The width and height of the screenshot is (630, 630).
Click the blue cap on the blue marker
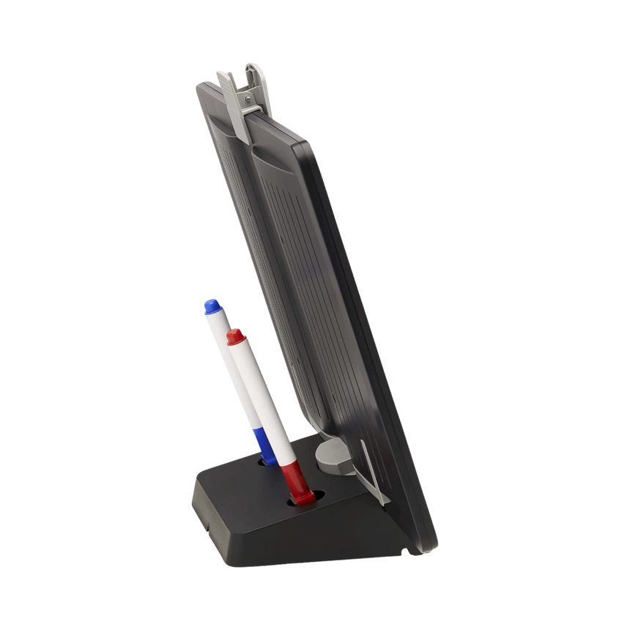tap(212, 306)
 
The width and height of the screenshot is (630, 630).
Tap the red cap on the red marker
tap(234, 337)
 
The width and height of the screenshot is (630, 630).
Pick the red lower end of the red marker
tap(293, 480)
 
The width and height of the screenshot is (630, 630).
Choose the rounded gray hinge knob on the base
tap(328, 454)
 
